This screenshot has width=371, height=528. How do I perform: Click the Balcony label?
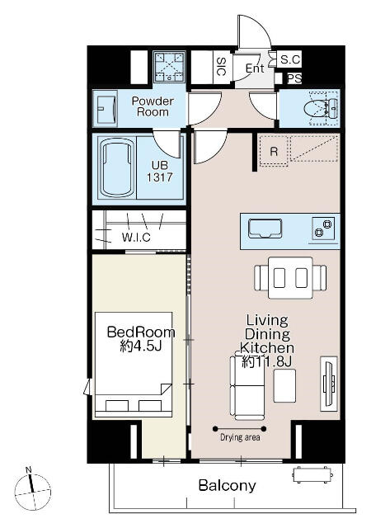pos(227,485)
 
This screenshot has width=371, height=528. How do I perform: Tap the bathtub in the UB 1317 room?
pos(116,168)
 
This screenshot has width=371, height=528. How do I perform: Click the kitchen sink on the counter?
pos(265,229)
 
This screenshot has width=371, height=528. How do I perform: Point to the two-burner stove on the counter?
pos(323,229)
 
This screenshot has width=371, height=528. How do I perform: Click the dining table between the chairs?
pos(290,278)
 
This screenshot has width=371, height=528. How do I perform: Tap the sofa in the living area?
pos(247,387)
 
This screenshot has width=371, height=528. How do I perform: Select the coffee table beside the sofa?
pos(284,386)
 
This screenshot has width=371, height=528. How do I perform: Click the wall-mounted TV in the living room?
pos(329,384)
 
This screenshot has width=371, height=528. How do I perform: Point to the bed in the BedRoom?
pos(134,365)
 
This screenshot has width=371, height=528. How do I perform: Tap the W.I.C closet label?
pos(136,237)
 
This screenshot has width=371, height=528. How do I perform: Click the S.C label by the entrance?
pos(290,59)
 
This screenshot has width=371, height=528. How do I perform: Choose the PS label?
pos(294,79)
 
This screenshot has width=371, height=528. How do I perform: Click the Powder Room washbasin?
pos(106,108)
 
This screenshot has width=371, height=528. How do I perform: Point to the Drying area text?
pos(240,437)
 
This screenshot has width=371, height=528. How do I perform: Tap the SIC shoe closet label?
pos(221,66)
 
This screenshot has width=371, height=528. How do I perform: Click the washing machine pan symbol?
pos(170,67)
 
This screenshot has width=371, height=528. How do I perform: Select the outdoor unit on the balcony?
pos(312,475)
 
